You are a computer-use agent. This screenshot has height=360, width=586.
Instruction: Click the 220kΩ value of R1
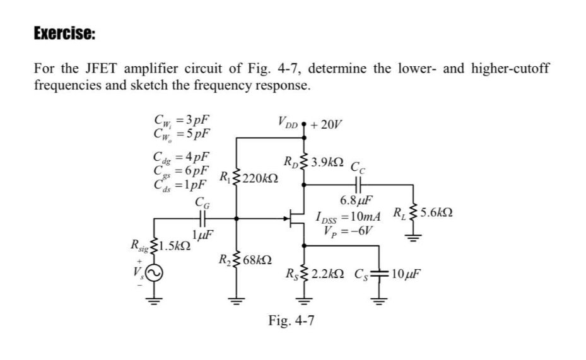click(256, 177)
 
